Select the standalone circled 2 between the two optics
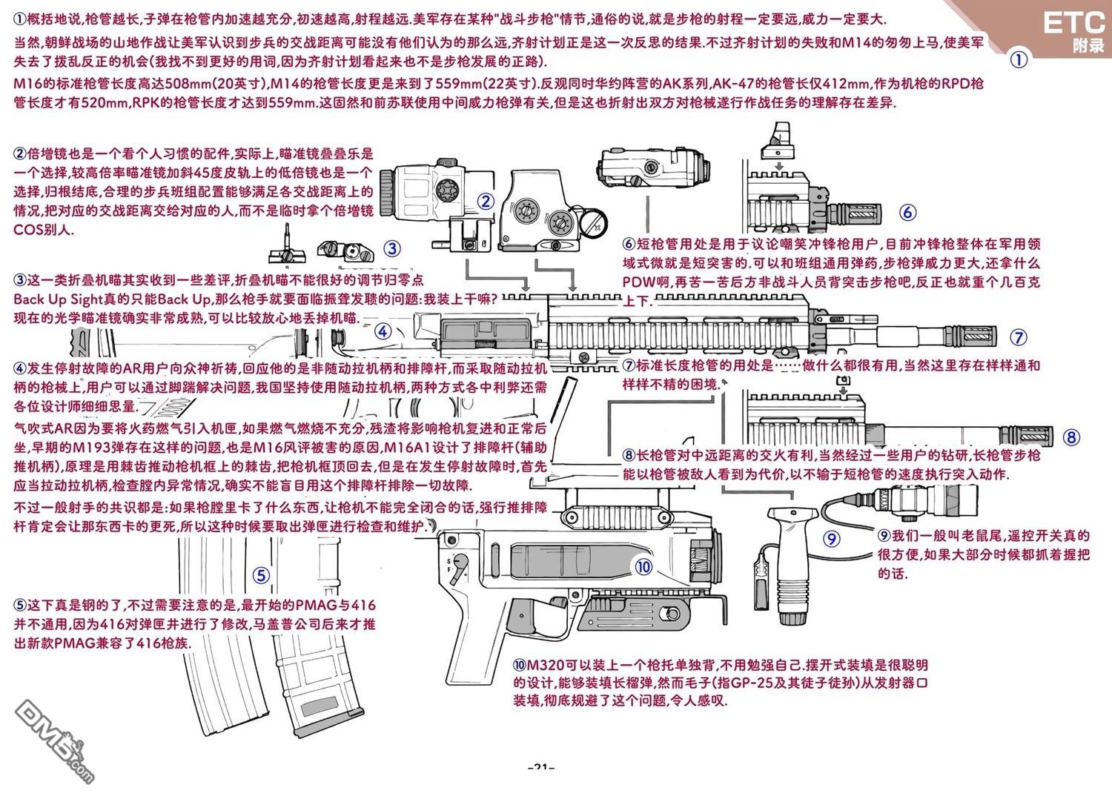pyautogui.click(x=486, y=201)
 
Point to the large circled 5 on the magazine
pyautogui.click(x=260, y=576)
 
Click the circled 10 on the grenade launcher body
pyautogui.click(x=643, y=567)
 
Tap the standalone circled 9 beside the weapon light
pyautogui.click(x=832, y=539)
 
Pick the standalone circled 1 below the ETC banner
pyautogui.click(x=1020, y=59)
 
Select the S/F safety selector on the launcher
pyautogui.click(x=461, y=563)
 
